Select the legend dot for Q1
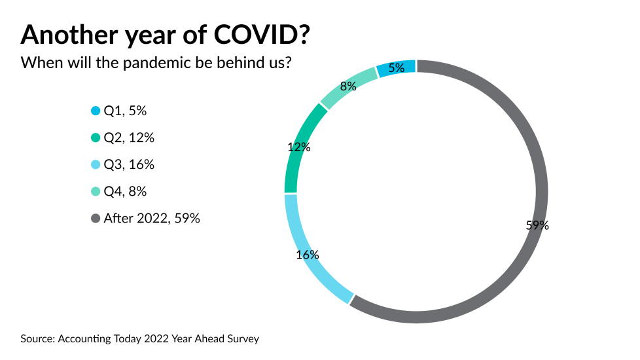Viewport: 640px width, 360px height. coord(96,111)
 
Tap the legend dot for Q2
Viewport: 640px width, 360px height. coord(96,138)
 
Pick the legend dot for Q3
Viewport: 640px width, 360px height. coord(96,165)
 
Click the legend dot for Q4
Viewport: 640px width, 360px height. coord(96,192)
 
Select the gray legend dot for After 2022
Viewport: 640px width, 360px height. coord(96,219)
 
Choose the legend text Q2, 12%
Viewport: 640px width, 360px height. coord(129,138)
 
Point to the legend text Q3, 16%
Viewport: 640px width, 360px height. coord(129,165)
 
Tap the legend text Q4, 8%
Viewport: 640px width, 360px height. coord(125,192)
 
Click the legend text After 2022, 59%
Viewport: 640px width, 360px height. coord(152,219)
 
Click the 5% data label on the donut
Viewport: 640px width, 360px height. coord(397,68)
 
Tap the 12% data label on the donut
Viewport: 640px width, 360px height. coord(299,147)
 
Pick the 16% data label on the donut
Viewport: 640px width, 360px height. coord(307,254)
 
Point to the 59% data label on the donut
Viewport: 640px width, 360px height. coord(537,225)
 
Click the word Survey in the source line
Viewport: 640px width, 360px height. coord(243,338)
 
